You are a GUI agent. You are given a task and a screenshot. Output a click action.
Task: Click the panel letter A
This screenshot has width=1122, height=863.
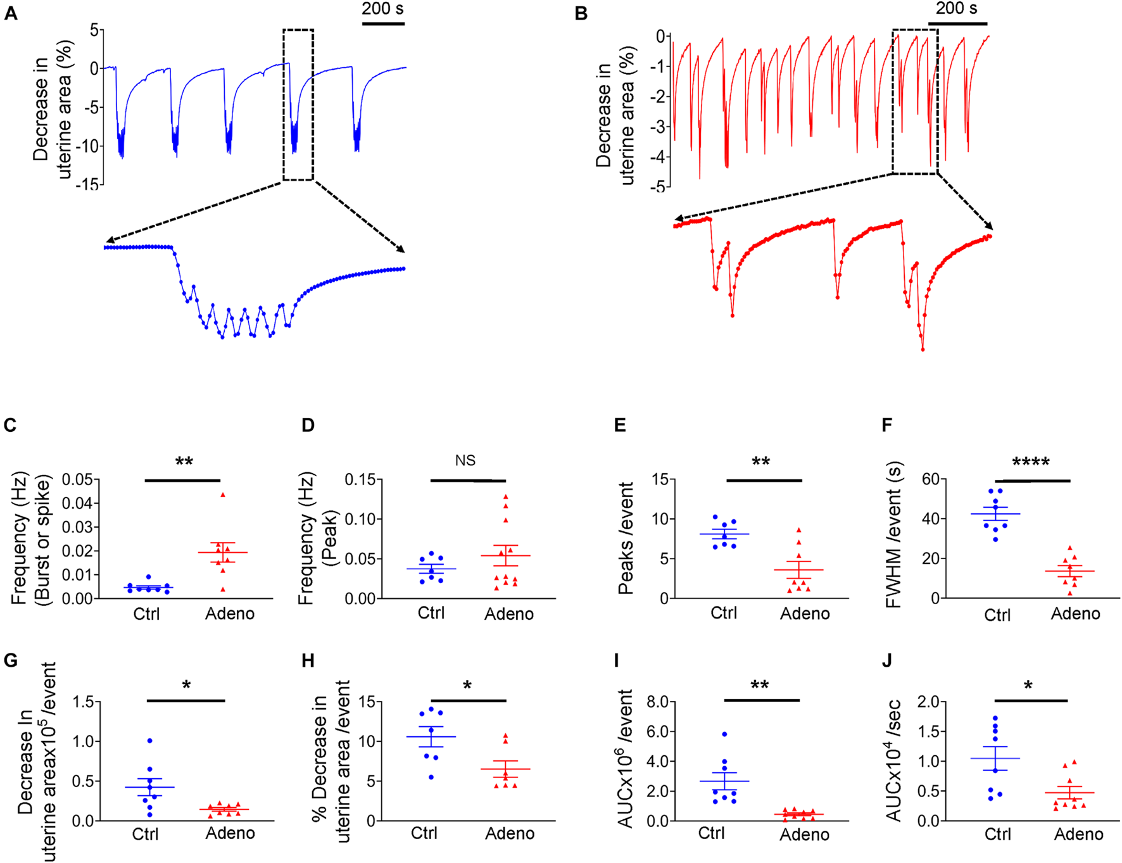pos(11,13)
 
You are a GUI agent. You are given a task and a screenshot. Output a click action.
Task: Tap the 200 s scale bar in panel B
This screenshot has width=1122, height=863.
pos(957,23)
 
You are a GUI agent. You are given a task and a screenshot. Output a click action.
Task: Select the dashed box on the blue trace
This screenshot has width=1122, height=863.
pos(298,104)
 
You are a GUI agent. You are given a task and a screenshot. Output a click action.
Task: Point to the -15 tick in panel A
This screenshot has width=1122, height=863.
pos(87,184)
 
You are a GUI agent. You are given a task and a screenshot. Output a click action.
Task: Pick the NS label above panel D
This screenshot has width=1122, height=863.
pos(465,460)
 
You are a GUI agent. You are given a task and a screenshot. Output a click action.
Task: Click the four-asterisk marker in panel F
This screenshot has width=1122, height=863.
pos(1031,462)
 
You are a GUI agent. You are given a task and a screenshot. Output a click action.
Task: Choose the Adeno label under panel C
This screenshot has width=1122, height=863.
pos(230,614)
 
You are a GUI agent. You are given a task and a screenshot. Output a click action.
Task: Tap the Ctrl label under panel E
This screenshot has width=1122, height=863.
pos(724,613)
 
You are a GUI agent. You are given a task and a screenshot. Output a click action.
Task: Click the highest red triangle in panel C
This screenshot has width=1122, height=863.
pos(223,495)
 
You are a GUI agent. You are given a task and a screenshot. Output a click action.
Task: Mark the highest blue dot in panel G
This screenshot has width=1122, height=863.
pos(150,741)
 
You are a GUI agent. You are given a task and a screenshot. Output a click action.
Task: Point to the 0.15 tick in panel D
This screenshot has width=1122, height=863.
pos(359,479)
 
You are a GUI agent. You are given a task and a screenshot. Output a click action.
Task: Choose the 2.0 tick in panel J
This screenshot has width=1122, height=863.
pos(929,702)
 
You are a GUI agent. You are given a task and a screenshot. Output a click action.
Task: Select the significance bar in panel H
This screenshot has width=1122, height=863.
pos(469,701)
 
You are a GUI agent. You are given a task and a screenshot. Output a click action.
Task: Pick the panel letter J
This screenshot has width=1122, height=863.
pos(887,660)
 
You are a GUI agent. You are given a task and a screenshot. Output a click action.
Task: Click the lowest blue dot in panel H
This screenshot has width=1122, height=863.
pos(432,777)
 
